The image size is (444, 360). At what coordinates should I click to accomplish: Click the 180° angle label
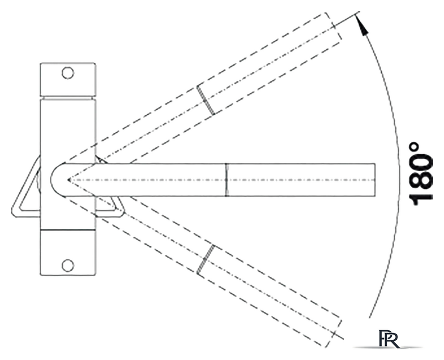[421, 174]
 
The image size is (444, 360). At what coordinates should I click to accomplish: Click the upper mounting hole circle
[68, 73]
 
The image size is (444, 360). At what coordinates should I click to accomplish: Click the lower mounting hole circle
[68, 265]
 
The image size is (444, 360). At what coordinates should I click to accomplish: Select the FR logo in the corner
[389, 339]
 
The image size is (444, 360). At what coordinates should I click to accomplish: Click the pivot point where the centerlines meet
[68, 179]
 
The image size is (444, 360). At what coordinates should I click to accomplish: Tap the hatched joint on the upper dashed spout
[206, 100]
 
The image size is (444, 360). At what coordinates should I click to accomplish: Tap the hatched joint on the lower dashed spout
[206, 259]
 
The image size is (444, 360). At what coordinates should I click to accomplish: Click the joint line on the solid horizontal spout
[226, 179]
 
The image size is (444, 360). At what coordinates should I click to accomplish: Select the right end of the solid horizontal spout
[375, 179]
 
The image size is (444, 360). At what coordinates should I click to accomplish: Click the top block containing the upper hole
[68, 79]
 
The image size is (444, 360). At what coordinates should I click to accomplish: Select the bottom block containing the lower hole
[68, 253]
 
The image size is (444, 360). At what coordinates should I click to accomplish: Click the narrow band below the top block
[68, 98]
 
